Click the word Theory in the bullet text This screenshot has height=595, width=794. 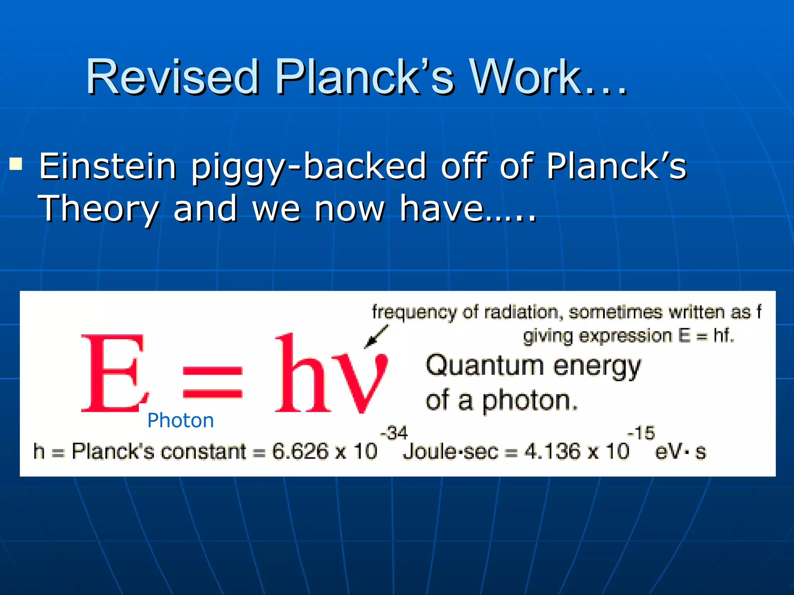98,209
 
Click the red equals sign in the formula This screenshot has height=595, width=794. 212,382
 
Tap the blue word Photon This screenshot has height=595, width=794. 181,421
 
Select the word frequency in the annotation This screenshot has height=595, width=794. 414,312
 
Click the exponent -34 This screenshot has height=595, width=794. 394,433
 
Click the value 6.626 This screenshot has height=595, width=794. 300,451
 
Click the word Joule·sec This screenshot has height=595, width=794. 451,452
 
